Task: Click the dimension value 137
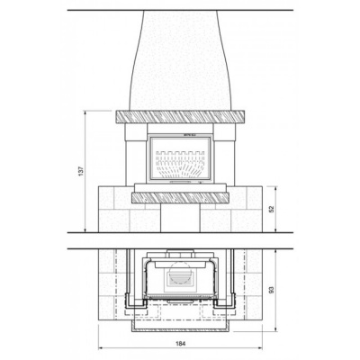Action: (81, 170)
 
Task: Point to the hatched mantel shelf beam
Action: (181, 116)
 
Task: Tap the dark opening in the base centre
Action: (180, 218)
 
